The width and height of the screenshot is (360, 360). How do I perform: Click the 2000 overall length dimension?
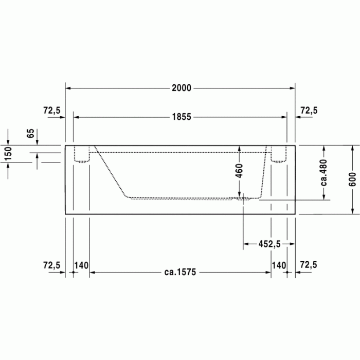point(181,88)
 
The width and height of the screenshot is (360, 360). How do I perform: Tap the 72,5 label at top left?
point(51,110)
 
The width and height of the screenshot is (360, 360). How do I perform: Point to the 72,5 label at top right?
point(309,110)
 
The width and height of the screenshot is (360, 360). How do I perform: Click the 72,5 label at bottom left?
point(51,265)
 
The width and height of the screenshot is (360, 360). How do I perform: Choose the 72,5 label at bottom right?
point(309,265)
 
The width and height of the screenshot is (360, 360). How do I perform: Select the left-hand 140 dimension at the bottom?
point(81,265)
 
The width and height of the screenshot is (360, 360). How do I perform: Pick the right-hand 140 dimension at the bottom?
point(279,265)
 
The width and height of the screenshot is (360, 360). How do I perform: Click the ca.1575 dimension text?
point(179,273)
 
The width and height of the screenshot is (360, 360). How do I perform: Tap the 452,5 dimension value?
point(269,244)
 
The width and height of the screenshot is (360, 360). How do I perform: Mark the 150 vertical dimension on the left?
point(8,154)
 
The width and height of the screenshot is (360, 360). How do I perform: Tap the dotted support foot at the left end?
point(82,155)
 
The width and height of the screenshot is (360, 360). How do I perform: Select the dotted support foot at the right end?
point(278,155)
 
